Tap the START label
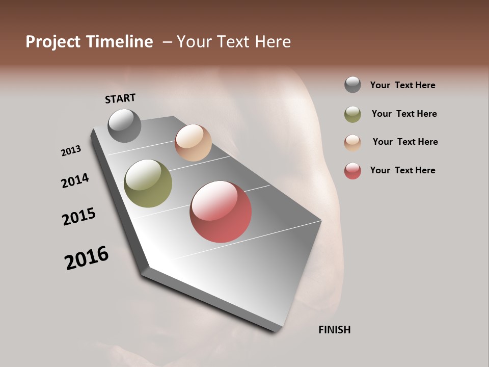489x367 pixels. pos(120,98)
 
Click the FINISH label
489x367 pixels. pos(334,330)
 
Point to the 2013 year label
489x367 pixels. pos(71,151)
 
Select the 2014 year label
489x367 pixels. pos(75,180)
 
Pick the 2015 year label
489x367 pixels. pos(79,217)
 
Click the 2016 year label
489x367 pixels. pos(87,257)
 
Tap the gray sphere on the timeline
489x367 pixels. pos(124,125)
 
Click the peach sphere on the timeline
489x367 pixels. pos(193,143)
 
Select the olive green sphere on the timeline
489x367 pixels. pos(148,183)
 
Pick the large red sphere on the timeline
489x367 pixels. pos(221,212)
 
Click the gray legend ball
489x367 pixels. pos(352,85)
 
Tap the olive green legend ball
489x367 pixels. pos(352,114)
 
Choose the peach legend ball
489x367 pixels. pos(352,142)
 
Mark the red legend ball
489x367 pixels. pos(352,171)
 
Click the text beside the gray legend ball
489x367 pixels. pos(402,85)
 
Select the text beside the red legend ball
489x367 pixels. pos(402,170)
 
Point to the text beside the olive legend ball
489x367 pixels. pos(404,114)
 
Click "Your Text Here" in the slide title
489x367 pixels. pos(234,42)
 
